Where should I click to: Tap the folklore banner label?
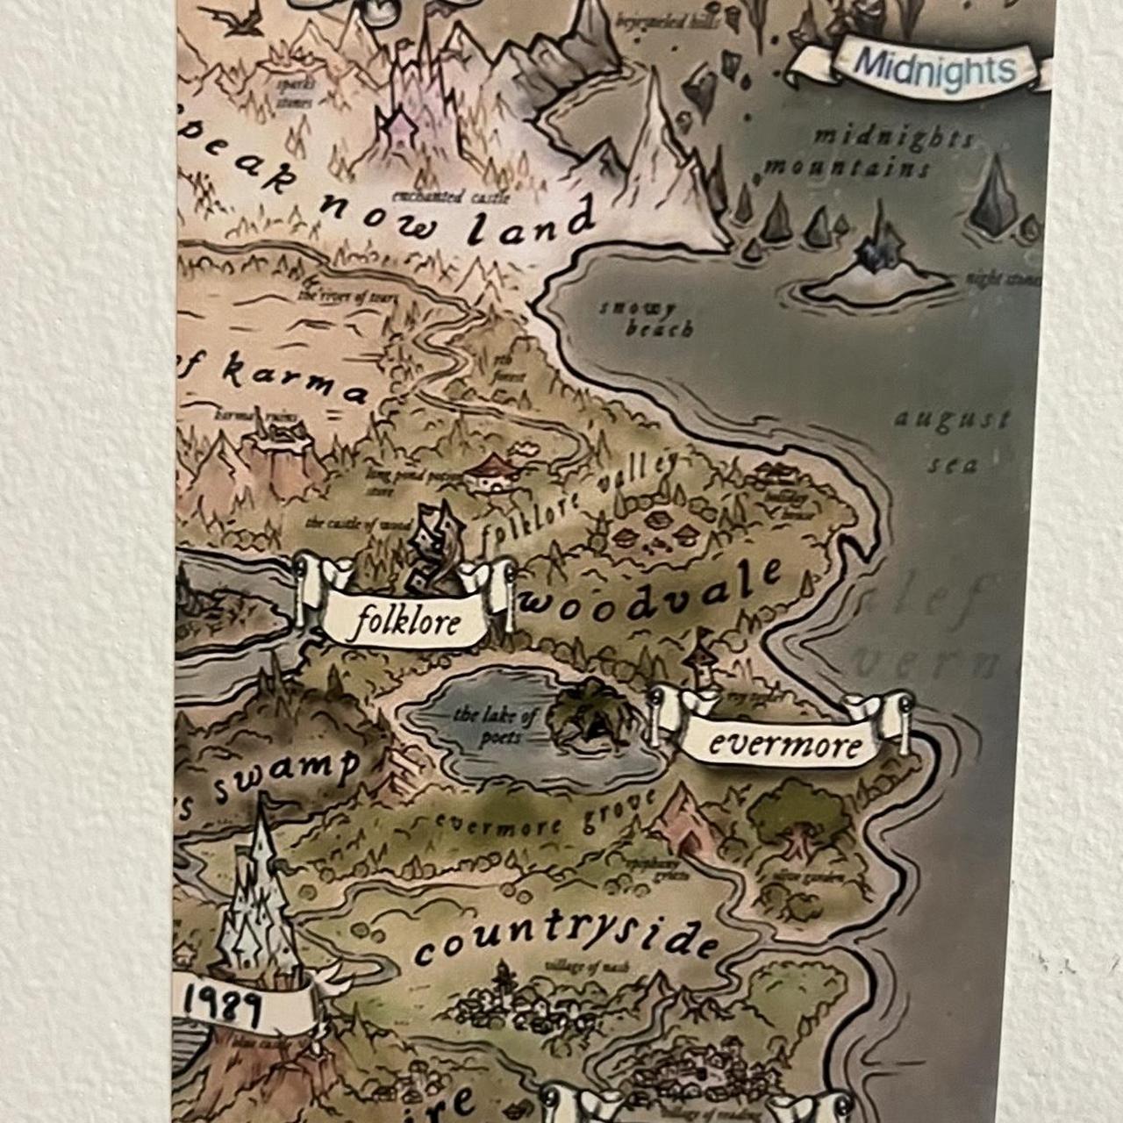pyautogui.click(x=405, y=621)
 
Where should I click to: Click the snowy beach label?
pyautogui.click(x=647, y=319)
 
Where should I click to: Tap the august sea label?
pyautogui.click(x=952, y=439)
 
